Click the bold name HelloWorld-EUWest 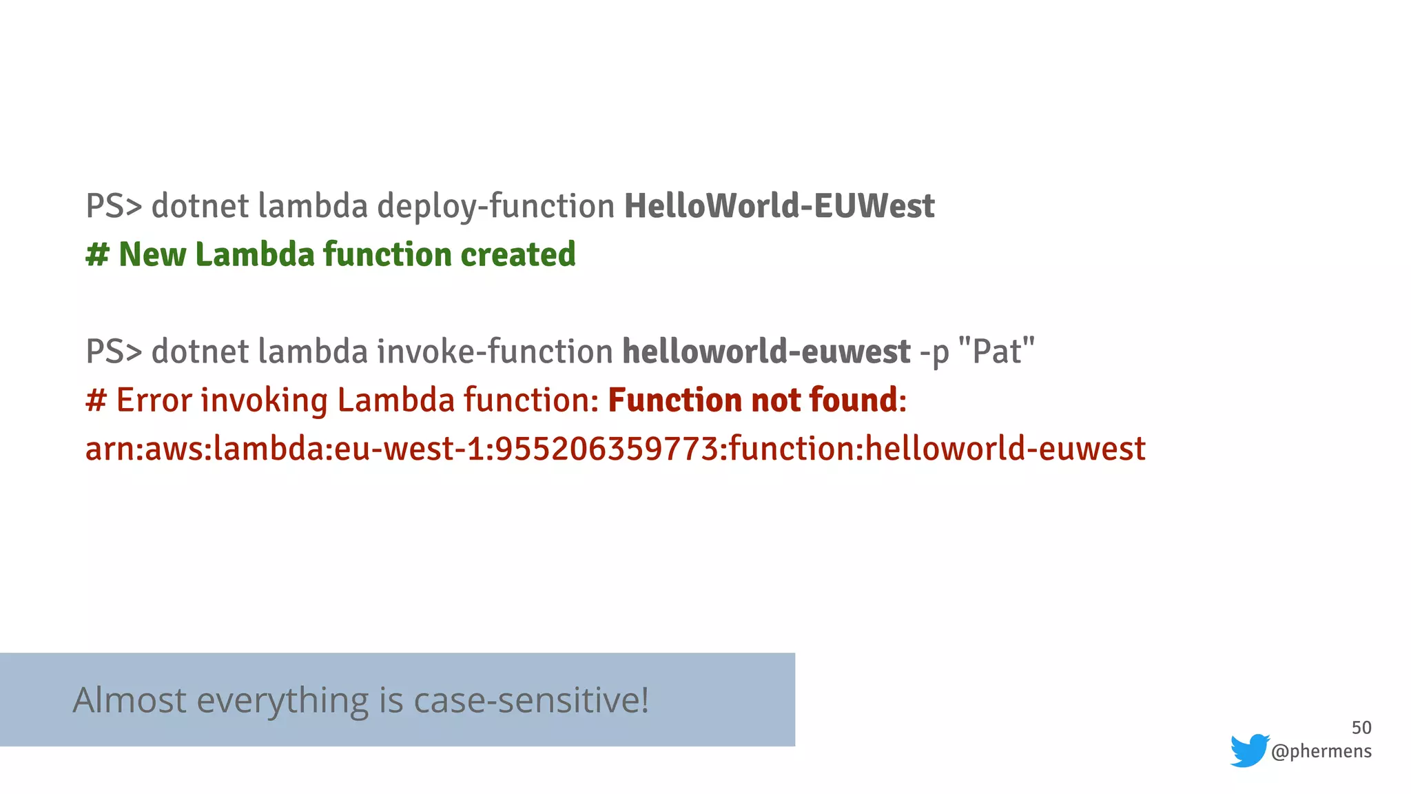coord(779,206)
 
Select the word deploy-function coord(496,206)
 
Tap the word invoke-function coord(495,352)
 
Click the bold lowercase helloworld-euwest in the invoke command coord(766,352)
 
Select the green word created coord(518,254)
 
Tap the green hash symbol coord(97,254)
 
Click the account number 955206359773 coord(607,449)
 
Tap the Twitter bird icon coord(1250,751)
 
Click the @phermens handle coord(1321,751)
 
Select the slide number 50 coord(1361,728)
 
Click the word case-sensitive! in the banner coord(531,700)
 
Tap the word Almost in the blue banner coord(130,700)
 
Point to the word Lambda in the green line coord(255,254)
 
